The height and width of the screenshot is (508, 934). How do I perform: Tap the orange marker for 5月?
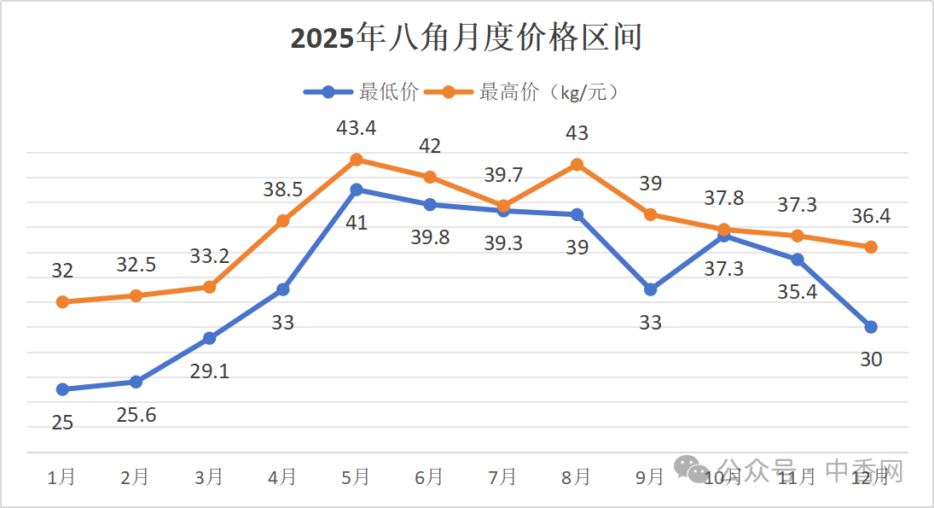357,160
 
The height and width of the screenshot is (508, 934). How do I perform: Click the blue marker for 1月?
62,389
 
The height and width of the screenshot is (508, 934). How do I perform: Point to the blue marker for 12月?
871,327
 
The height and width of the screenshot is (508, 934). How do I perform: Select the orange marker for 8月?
577,165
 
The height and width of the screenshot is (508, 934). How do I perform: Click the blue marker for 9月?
650,289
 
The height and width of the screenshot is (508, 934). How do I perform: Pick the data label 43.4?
357,128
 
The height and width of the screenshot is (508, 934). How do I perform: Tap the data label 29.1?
210,371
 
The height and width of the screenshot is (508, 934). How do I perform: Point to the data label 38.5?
281,190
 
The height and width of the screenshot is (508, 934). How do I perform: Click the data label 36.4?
870,216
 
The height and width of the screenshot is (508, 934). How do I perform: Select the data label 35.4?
798,293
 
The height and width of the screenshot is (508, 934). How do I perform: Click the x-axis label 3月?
209,477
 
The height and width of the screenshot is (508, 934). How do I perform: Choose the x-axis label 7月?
503,477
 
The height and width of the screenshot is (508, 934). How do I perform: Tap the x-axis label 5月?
357,477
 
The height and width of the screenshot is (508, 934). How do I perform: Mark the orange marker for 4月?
283,221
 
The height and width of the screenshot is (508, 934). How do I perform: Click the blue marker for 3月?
209,338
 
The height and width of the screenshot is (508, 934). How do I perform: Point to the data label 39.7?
503,175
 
